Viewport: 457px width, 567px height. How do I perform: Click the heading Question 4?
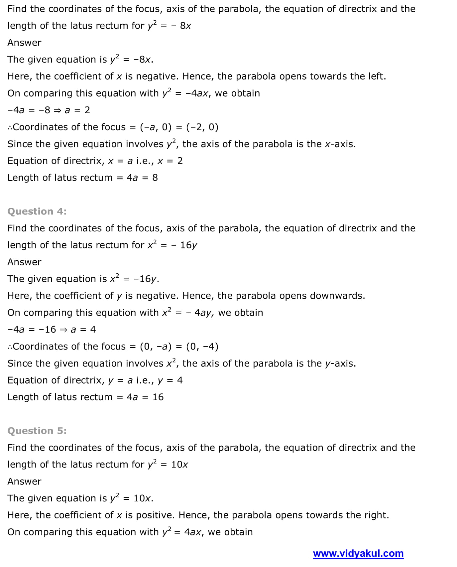[x=37, y=211]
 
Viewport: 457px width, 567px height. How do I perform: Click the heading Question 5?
[x=37, y=431]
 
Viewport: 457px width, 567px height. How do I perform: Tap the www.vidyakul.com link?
[x=358, y=553]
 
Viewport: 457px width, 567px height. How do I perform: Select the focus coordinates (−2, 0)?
[x=202, y=127]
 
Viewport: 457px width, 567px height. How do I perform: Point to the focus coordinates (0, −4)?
[x=202, y=347]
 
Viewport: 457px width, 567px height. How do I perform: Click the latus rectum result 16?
[x=158, y=397]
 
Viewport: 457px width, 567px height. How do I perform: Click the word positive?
[x=155, y=515]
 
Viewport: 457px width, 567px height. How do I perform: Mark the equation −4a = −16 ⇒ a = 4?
[x=52, y=330]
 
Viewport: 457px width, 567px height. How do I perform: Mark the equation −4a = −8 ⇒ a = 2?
[x=49, y=110]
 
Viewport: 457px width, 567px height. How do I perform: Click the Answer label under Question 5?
[x=24, y=481]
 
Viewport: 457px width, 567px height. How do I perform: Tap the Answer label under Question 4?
[x=24, y=262]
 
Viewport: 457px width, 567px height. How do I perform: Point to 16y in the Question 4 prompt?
[x=188, y=245]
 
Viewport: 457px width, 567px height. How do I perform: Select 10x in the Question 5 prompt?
[x=179, y=464]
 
